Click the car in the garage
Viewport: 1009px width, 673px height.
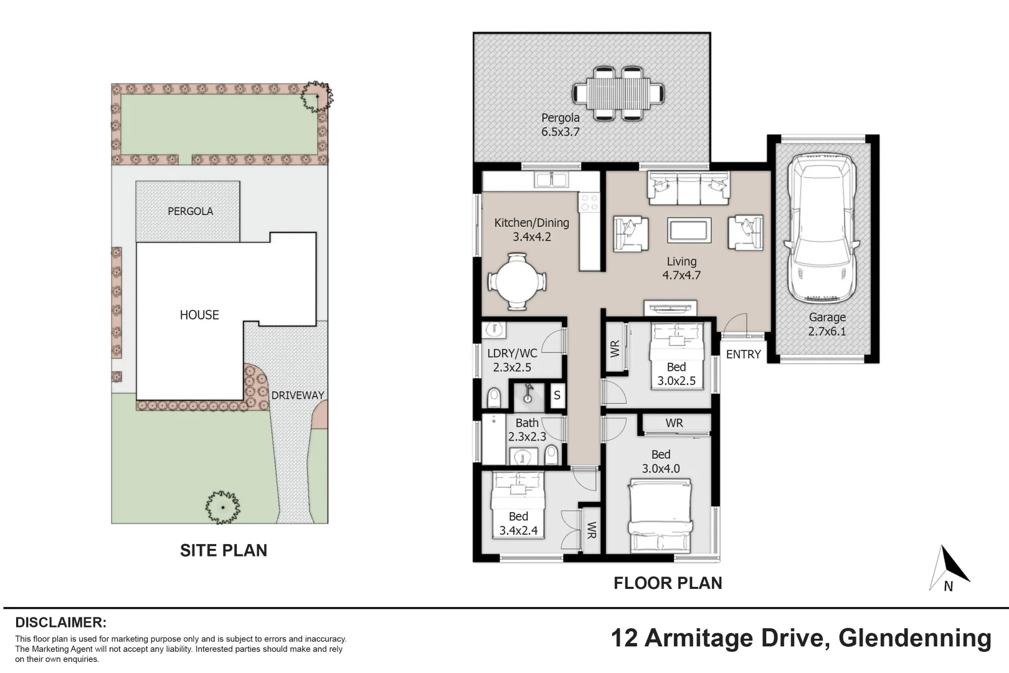coord(821,228)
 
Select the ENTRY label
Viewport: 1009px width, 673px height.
coord(743,355)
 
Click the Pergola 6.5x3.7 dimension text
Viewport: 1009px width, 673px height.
coord(561,132)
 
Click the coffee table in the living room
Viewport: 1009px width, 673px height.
coord(689,231)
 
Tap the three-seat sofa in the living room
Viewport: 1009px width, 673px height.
coord(689,188)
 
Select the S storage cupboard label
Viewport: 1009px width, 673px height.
coord(557,395)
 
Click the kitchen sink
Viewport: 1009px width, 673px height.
coord(551,179)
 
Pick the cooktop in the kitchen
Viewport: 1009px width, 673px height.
coord(589,203)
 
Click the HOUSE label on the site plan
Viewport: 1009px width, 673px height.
coord(199,315)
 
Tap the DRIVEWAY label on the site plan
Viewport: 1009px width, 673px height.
coord(298,395)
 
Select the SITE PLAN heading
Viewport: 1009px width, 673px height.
coord(224,550)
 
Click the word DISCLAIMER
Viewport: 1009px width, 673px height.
coord(61,623)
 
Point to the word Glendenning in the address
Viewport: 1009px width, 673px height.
coord(915,638)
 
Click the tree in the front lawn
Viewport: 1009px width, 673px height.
coord(222,508)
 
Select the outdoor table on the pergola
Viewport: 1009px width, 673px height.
coord(618,94)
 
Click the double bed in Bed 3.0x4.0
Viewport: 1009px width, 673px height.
coord(661,516)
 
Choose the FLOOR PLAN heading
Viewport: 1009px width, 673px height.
coord(668,583)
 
